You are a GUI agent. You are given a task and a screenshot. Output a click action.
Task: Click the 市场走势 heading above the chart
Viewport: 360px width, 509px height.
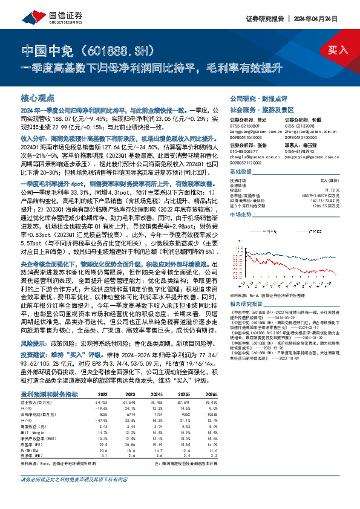[241, 214]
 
